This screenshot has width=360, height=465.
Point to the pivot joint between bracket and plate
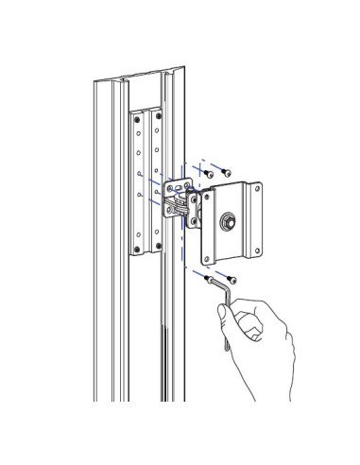click(x=192, y=200)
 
